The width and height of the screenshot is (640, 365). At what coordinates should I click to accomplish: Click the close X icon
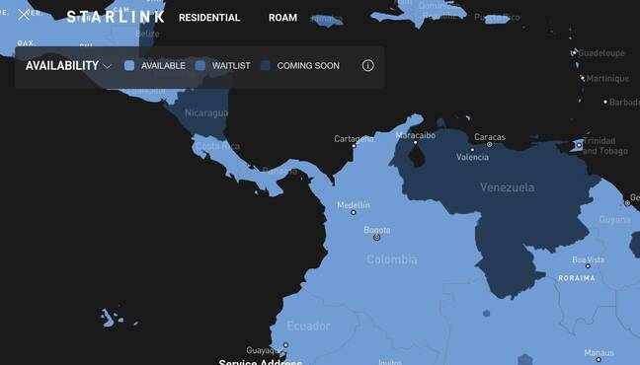[x=24, y=16]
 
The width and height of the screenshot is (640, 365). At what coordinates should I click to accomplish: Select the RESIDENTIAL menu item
[x=209, y=18]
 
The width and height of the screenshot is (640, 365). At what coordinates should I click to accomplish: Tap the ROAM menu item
[x=282, y=18]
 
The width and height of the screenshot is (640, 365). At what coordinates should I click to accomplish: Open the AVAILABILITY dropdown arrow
[x=107, y=66]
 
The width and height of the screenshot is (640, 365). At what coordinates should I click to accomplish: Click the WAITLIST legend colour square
[x=200, y=66]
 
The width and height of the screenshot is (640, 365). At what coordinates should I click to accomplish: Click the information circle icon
[x=367, y=66]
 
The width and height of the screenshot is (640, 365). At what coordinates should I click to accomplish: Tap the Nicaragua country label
[x=206, y=112]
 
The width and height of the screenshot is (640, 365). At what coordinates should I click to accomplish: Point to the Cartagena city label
[x=354, y=139]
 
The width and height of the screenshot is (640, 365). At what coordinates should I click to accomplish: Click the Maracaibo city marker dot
[x=416, y=142]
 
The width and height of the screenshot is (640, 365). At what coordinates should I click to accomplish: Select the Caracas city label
[x=489, y=137]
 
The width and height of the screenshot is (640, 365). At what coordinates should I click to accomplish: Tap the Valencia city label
[x=472, y=157]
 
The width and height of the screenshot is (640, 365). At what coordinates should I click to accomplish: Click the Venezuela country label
[x=507, y=186]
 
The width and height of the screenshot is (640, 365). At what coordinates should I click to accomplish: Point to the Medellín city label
[x=354, y=204]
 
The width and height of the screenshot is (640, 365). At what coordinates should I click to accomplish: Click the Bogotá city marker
[x=376, y=237]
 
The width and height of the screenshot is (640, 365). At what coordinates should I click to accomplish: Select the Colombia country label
[x=391, y=259]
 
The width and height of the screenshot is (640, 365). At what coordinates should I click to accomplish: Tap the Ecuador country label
[x=308, y=326]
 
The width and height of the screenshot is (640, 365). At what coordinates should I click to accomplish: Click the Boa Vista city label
[x=588, y=260]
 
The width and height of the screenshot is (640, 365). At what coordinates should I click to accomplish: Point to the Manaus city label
[x=598, y=352]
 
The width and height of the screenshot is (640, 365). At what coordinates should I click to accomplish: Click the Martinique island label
[x=606, y=79]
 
